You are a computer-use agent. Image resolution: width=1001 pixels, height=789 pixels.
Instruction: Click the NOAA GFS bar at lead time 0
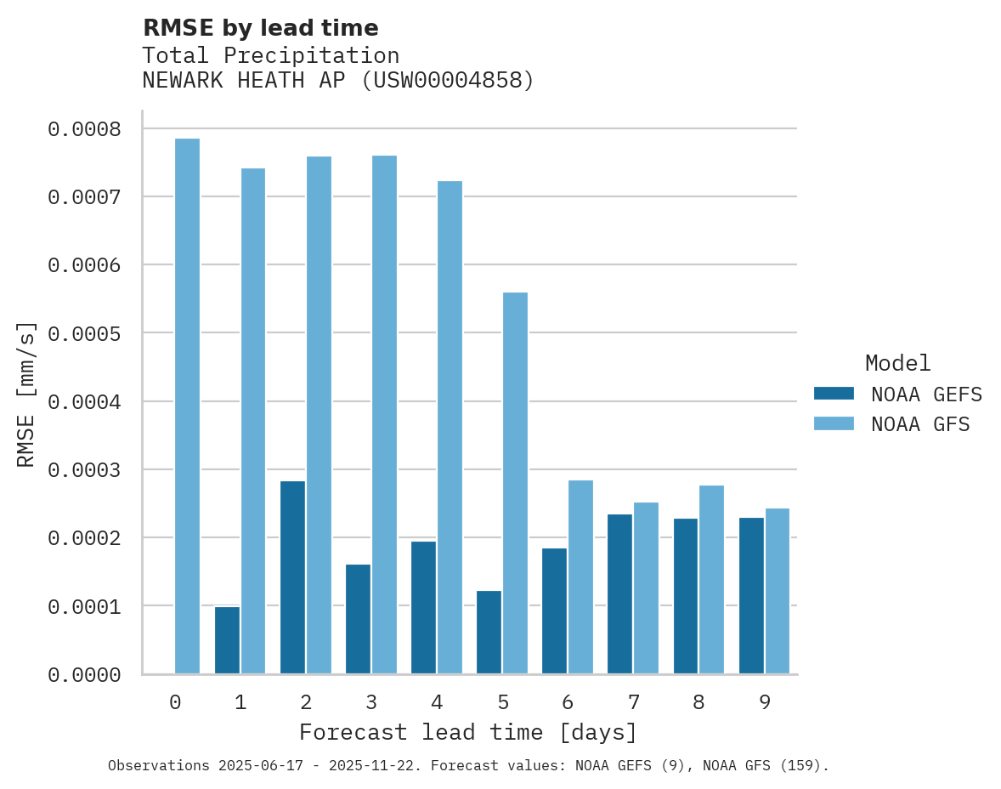click(187, 406)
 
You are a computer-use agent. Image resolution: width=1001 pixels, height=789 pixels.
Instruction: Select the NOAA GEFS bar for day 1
click(227, 640)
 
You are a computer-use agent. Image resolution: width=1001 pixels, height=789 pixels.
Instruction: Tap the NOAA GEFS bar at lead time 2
click(292, 577)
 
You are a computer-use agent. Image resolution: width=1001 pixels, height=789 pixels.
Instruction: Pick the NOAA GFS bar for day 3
click(384, 414)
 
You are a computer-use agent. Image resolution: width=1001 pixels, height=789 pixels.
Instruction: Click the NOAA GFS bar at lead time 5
click(515, 483)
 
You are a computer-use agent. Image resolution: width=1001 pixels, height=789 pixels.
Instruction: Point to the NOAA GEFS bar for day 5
click(489, 632)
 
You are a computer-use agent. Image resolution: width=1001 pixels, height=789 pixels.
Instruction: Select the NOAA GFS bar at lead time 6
click(580, 576)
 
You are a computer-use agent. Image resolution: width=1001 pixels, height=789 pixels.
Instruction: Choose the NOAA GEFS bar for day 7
click(619, 593)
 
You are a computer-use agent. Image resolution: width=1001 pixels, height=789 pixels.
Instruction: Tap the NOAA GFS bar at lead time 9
click(778, 591)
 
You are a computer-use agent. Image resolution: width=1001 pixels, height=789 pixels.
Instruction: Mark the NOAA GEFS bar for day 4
click(423, 607)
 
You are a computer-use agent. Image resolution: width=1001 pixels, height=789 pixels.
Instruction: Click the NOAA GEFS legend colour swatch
click(834, 394)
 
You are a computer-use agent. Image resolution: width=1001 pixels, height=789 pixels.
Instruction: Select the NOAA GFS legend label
click(920, 424)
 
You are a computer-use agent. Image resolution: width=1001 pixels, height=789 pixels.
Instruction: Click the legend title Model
click(897, 363)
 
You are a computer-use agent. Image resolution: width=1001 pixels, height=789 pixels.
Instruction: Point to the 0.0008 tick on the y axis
click(84, 129)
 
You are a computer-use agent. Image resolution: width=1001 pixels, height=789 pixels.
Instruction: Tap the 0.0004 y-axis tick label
click(84, 401)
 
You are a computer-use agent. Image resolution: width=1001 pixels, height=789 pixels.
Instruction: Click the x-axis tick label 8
click(698, 702)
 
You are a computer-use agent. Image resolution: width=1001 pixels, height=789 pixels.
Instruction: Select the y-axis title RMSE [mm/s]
click(26, 394)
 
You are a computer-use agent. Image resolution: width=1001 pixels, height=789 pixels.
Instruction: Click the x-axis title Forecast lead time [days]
click(468, 732)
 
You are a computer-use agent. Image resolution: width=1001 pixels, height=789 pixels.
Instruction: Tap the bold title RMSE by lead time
click(260, 28)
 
